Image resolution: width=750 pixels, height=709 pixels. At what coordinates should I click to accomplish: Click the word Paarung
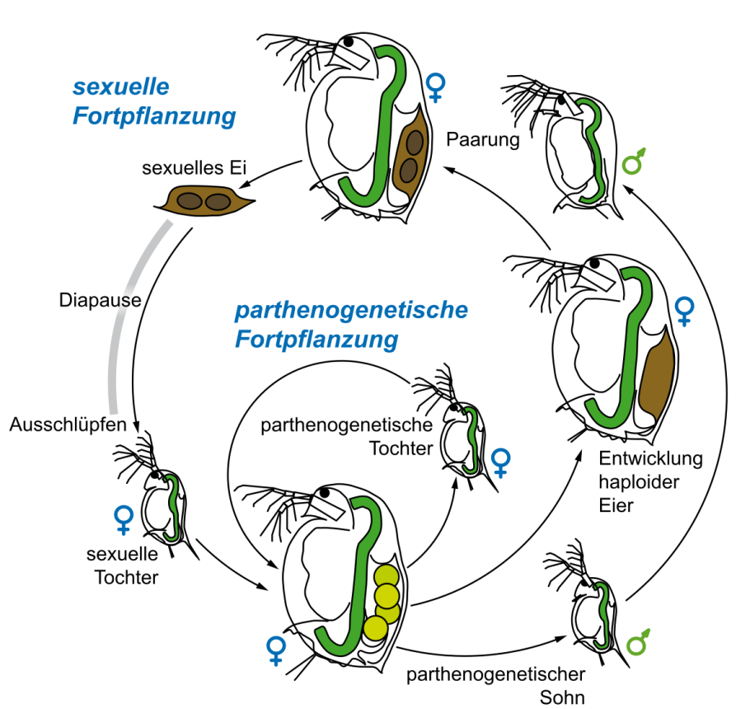click(483, 139)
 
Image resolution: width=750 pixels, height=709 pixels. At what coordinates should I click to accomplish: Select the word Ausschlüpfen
click(68, 425)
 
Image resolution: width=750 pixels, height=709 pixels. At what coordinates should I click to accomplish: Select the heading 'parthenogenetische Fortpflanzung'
click(352, 324)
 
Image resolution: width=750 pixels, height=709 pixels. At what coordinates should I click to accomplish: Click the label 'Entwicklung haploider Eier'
click(651, 482)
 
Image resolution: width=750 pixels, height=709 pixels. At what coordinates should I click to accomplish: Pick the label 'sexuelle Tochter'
click(126, 565)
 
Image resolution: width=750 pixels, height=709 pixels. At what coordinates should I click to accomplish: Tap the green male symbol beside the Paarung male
click(635, 160)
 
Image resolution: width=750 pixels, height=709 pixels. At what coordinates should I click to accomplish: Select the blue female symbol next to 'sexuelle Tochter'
click(124, 519)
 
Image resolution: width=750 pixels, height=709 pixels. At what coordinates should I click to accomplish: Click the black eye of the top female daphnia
click(349, 40)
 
